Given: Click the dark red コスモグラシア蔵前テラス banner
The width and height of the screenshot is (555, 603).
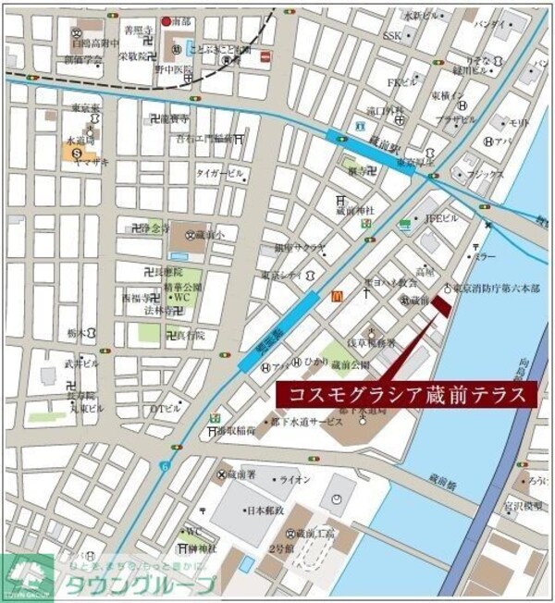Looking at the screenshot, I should click(x=406, y=394).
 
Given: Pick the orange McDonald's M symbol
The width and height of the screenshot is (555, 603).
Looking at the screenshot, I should click(x=336, y=296).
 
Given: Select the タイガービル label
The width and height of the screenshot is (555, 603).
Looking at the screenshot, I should click(x=219, y=173).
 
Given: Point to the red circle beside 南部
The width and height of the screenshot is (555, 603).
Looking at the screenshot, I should click(x=166, y=21).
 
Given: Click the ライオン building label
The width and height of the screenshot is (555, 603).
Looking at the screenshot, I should click(x=295, y=479).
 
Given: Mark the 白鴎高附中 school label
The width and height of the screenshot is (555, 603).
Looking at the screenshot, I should click(x=95, y=43).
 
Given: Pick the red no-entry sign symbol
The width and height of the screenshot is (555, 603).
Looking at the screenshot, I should click(x=266, y=57).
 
